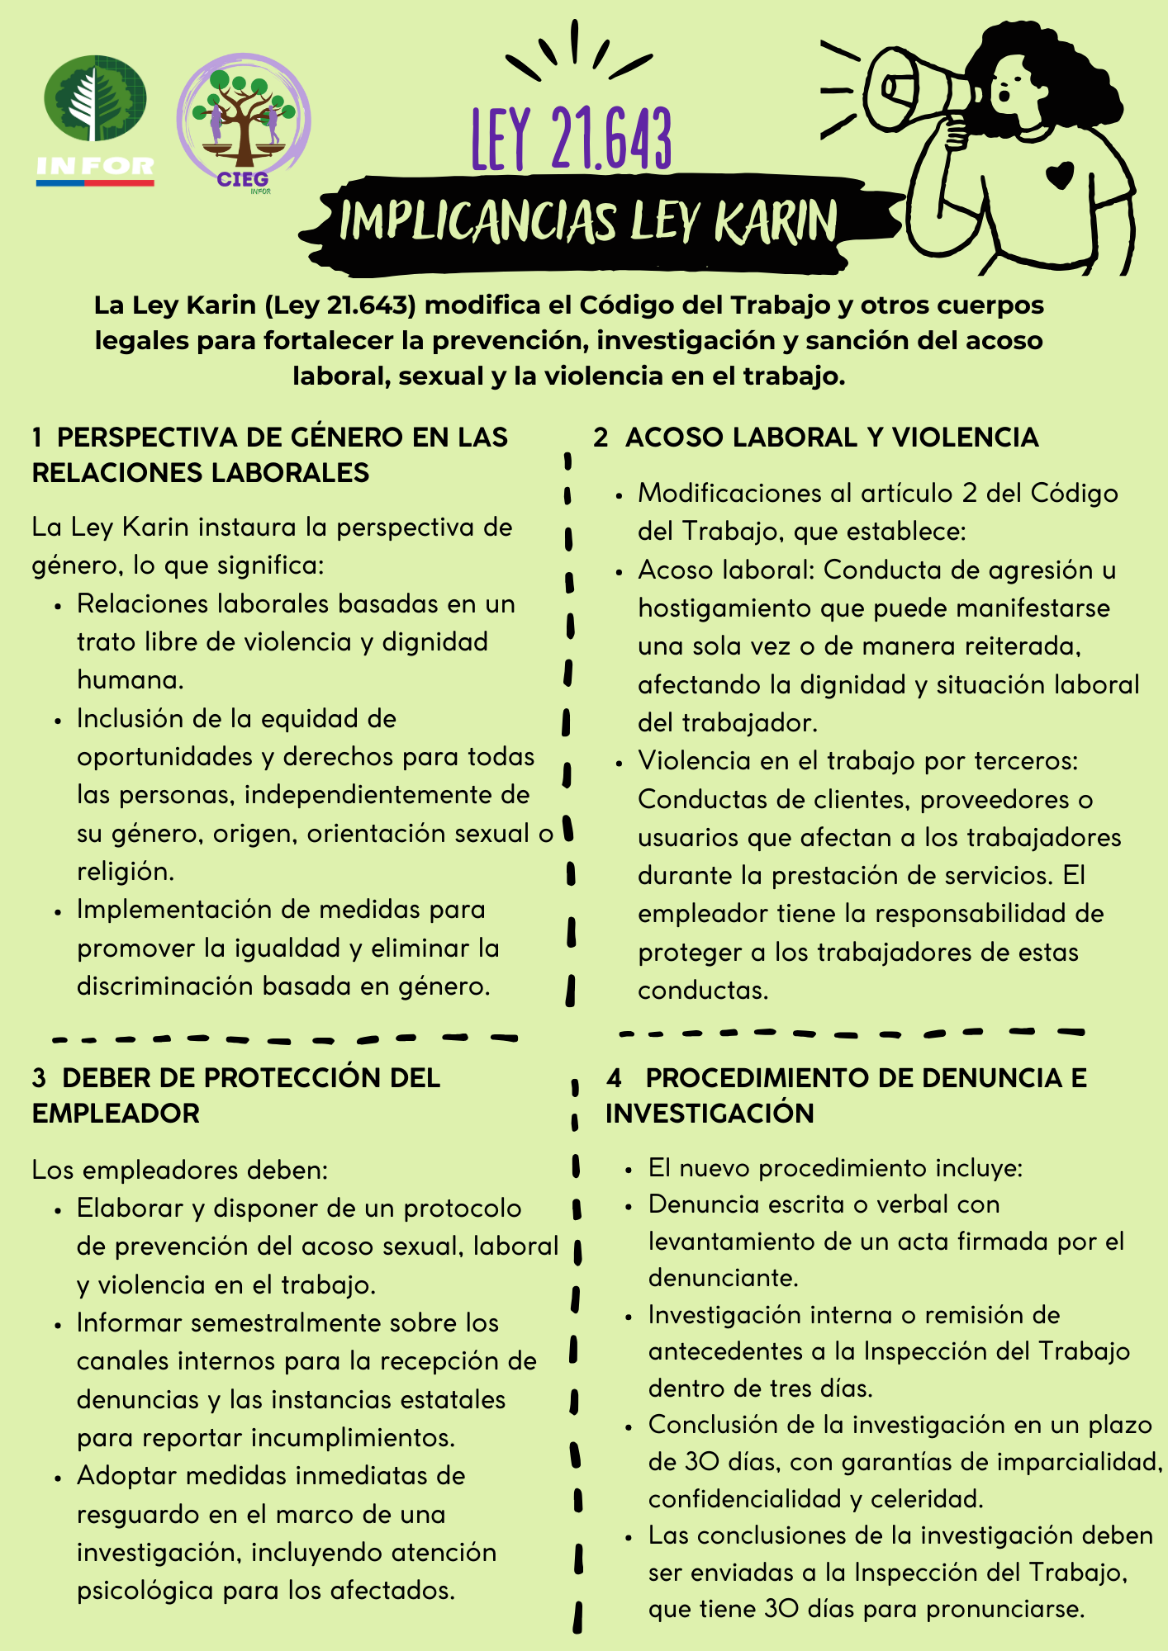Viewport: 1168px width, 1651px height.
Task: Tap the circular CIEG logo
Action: (243, 122)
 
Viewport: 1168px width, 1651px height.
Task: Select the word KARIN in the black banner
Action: (775, 223)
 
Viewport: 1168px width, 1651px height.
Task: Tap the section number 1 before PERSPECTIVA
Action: (38, 438)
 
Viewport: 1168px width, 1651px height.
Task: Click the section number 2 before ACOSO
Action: (601, 438)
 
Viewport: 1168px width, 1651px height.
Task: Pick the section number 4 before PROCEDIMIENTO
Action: (614, 1078)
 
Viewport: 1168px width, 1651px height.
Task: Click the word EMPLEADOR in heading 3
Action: (116, 1114)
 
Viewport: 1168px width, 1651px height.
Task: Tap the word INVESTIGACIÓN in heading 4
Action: (710, 1114)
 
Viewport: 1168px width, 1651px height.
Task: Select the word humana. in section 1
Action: (131, 680)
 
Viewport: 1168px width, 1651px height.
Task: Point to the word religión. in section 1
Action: (126, 872)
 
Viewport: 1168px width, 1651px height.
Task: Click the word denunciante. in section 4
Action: (723, 1278)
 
